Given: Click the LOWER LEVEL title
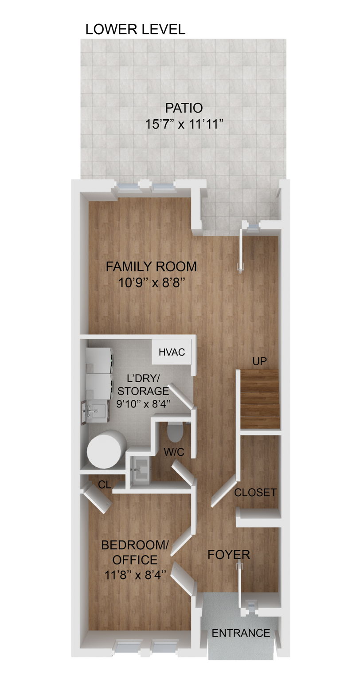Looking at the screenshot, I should (135, 30).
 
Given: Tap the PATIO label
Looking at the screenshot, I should (184, 108).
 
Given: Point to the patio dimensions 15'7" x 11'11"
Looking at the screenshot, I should (184, 124).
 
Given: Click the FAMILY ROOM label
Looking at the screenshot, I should (151, 266).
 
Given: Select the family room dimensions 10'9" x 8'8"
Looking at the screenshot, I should (151, 282).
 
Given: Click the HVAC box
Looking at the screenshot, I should (172, 352).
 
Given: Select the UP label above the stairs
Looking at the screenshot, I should (259, 361).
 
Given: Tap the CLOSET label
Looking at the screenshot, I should (255, 492).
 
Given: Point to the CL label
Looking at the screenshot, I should (105, 485).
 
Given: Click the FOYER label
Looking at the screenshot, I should (229, 554).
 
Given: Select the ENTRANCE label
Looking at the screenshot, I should (241, 633).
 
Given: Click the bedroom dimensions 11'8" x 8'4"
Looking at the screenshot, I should (135, 575).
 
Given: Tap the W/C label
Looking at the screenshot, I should (174, 452).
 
